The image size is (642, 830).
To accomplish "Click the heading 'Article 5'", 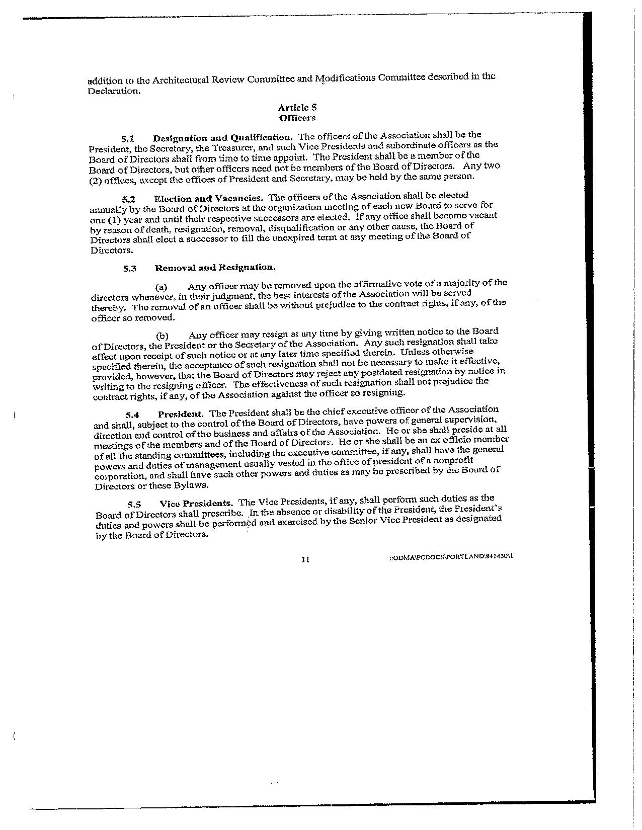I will pos(297,107).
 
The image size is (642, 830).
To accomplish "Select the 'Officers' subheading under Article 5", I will pos(297,118).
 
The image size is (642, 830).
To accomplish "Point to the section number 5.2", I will pos(128,199).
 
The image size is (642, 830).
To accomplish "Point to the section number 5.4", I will pos(132,415).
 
